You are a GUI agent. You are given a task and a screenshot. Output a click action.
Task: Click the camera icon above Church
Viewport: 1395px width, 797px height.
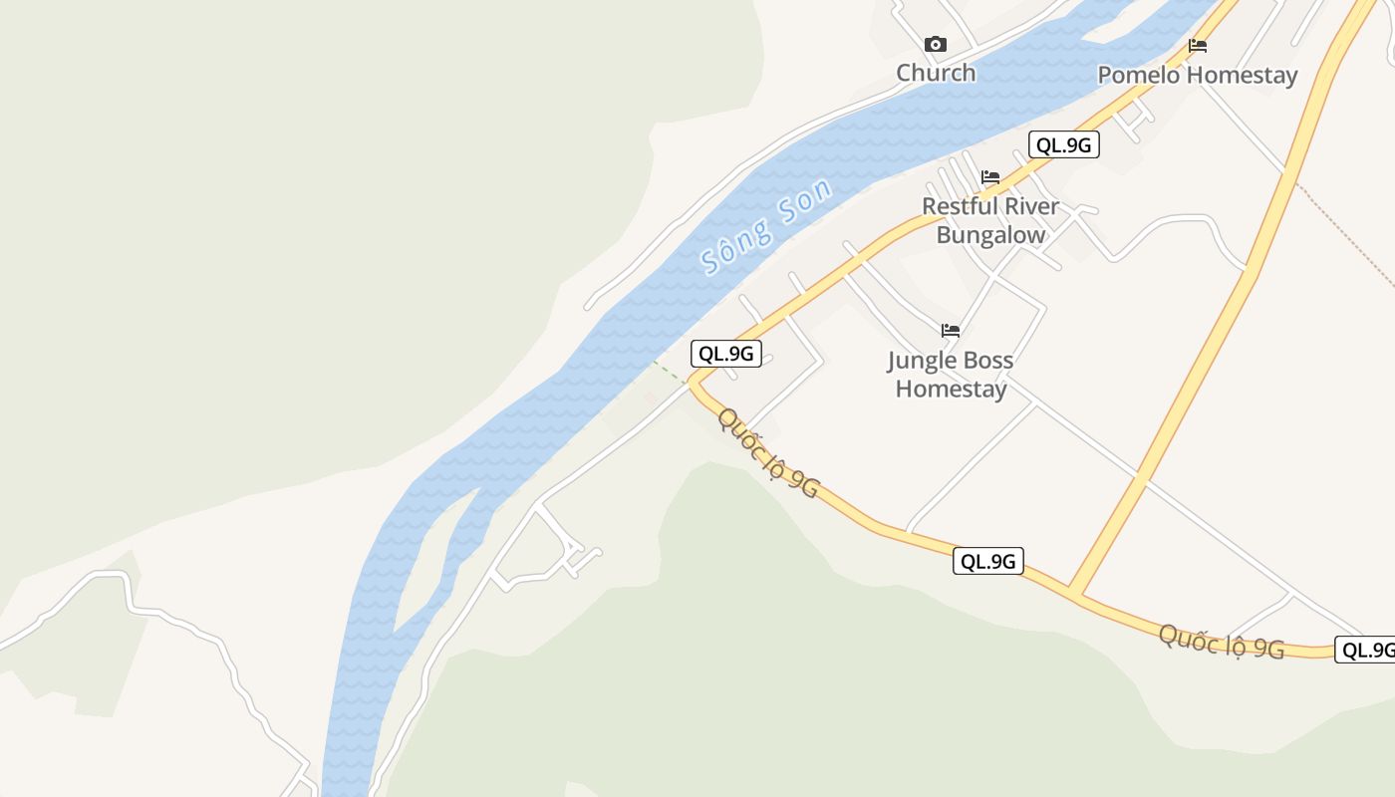click(935, 44)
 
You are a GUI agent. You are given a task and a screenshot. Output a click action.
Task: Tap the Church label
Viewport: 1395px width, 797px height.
click(936, 73)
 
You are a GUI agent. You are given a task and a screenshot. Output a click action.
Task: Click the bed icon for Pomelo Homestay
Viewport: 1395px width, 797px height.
click(1198, 46)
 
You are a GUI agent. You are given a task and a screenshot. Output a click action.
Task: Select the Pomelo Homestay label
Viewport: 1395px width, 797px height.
click(1198, 76)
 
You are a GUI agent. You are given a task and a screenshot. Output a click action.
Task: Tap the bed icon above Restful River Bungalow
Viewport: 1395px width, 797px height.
click(989, 177)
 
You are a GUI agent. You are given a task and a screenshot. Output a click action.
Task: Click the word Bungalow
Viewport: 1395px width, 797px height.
click(990, 236)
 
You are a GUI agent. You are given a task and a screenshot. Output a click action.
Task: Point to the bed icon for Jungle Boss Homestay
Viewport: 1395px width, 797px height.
click(951, 331)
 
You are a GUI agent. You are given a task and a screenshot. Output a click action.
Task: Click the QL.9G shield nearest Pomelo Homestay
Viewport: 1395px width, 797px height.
click(1064, 145)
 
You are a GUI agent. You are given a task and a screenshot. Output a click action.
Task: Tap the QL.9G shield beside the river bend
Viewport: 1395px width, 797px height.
click(726, 354)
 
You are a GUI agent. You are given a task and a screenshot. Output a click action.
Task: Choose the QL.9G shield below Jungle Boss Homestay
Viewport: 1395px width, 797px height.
click(987, 561)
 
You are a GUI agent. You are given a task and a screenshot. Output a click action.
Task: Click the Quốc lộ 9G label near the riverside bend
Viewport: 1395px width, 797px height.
click(768, 453)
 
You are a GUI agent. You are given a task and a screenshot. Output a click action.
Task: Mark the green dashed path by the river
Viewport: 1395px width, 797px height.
click(670, 374)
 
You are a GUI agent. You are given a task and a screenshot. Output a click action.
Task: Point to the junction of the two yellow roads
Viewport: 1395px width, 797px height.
click(1074, 592)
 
